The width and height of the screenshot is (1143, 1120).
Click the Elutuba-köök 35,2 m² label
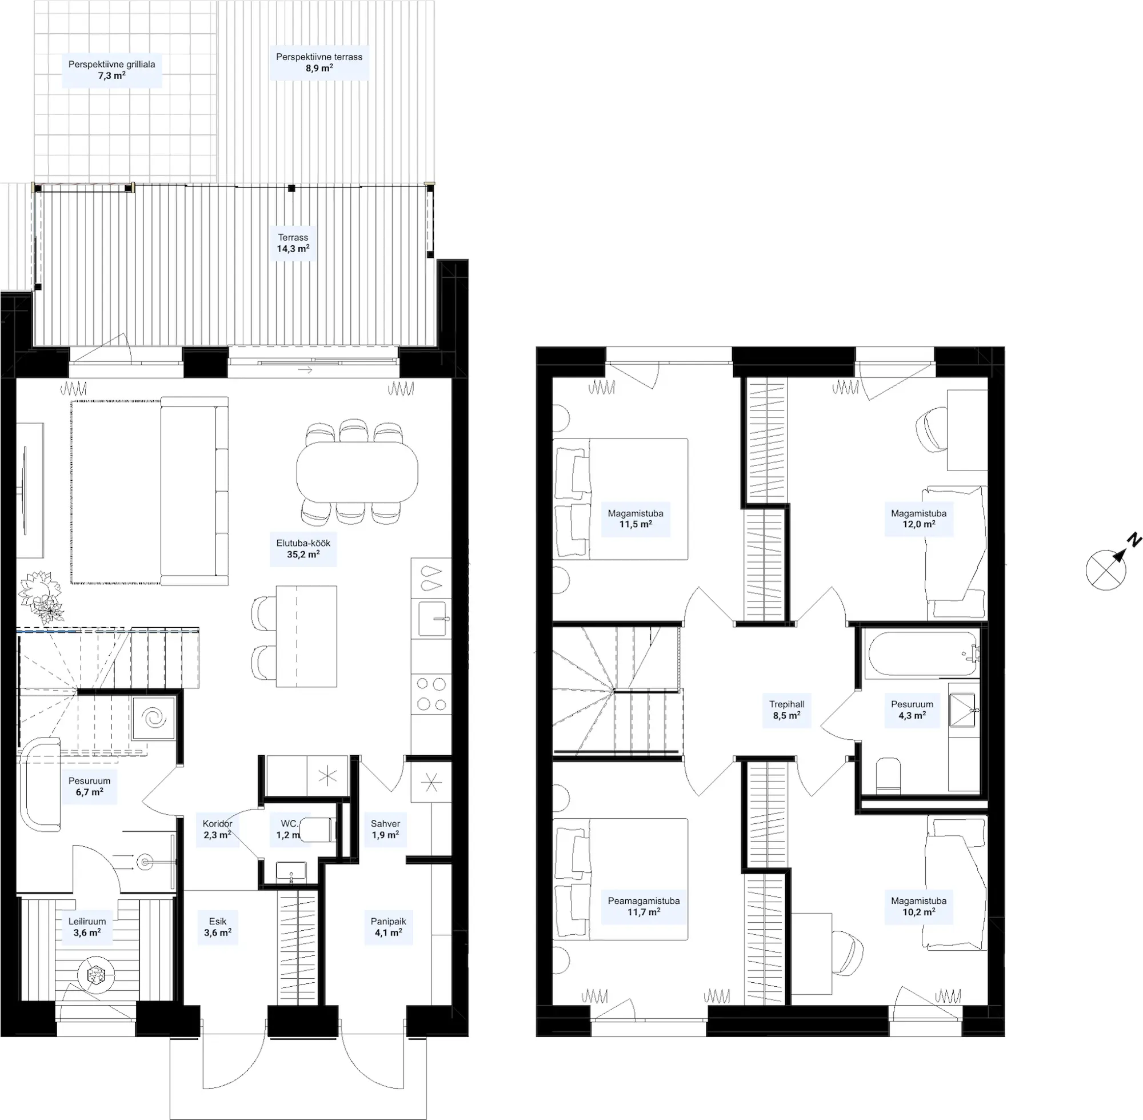303,549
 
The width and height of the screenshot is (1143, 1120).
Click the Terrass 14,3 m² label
293,243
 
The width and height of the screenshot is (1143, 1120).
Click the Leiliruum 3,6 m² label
87,927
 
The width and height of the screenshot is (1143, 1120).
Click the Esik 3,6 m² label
218,927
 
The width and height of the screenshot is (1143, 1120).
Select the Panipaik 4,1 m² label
388,927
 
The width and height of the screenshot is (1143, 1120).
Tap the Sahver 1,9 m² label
385,830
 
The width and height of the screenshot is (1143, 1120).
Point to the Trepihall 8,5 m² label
787,710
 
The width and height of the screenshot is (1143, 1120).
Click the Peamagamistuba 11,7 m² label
644,907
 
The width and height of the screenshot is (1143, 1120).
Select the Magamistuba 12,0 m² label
919,519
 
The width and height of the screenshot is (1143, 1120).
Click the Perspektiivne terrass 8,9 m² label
319,62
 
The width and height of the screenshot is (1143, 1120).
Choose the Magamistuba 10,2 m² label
919,907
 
